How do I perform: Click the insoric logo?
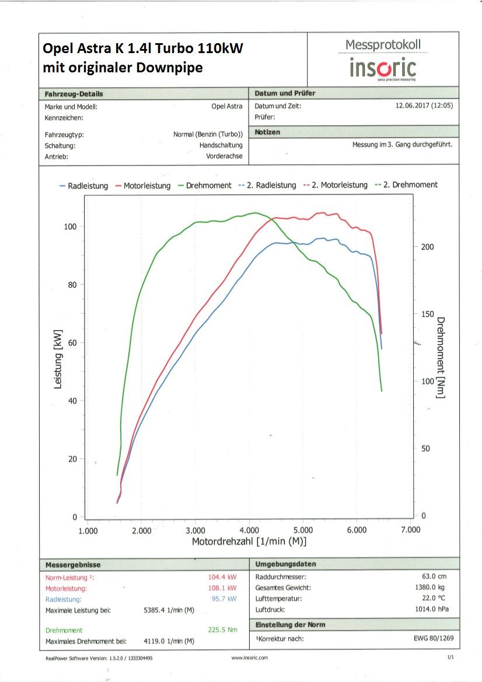tap(383, 68)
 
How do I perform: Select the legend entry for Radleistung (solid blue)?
tap(84, 186)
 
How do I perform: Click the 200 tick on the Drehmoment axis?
tap(428, 247)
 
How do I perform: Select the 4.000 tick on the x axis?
tap(249, 530)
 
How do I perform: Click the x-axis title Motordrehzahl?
tap(249, 541)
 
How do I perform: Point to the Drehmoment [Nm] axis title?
tap(441, 358)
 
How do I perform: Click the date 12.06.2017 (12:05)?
tap(424, 106)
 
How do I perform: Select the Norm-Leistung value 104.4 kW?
tap(222, 578)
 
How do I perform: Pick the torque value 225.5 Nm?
tap(222, 630)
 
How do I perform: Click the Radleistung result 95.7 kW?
tap(225, 599)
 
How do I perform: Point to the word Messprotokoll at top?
tap(383, 45)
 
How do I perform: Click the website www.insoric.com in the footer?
tap(249, 658)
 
